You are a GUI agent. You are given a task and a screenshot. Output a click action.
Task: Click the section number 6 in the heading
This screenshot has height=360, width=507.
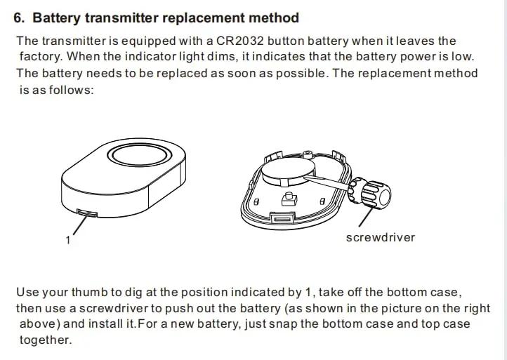(19, 18)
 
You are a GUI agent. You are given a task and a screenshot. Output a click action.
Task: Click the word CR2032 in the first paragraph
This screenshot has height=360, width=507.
(240, 41)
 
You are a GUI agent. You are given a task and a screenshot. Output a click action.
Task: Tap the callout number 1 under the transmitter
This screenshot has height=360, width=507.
(68, 240)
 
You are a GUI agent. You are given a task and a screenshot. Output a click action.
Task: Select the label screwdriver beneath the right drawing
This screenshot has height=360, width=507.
(381, 237)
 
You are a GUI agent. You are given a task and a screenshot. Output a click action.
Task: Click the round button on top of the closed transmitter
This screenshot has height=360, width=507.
(139, 155)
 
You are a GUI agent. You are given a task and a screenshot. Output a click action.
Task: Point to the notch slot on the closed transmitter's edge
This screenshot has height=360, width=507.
(86, 213)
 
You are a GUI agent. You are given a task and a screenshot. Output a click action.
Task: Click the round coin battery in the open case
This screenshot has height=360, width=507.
(288, 171)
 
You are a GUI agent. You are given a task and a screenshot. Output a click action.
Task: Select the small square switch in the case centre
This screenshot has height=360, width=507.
(289, 199)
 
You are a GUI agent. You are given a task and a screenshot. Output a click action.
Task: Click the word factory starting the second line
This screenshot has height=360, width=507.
(40, 57)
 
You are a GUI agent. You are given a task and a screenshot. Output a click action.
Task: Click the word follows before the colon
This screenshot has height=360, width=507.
(70, 90)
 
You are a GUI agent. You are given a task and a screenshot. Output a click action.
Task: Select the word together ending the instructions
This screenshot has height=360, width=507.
(45, 340)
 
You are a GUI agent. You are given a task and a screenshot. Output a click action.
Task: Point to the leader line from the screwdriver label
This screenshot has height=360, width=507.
(366, 217)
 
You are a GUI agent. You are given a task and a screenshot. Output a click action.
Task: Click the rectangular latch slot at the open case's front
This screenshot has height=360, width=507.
(282, 220)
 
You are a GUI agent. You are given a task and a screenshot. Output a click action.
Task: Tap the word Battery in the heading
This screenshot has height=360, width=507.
(56, 18)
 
